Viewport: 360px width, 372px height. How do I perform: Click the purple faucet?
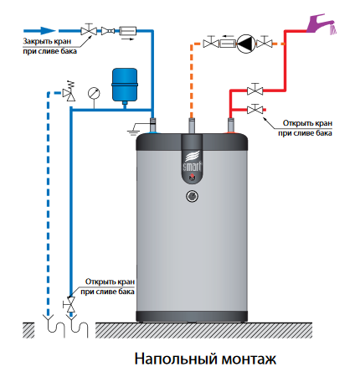click(321, 24)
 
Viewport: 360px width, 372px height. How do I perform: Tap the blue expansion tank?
click(125, 85)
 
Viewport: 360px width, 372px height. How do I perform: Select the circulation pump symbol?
click(246, 44)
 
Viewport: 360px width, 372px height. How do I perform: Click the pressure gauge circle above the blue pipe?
click(94, 93)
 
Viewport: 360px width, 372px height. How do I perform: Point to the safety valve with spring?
click(69, 91)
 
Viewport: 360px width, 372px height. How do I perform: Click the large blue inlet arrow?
click(39, 31)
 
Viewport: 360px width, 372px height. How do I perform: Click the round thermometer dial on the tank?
click(193, 196)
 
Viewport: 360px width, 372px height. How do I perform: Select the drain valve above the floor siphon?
click(71, 304)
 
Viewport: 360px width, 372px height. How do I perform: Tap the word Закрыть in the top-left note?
click(36, 41)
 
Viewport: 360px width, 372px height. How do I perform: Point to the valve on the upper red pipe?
click(255, 90)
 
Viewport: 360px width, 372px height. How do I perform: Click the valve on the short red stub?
click(255, 109)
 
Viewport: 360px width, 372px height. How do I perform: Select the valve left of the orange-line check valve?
click(211, 43)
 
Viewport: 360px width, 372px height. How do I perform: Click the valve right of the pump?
click(264, 43)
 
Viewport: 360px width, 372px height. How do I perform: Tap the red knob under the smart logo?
click(193, 176)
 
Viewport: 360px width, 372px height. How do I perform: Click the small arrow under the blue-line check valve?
click(127, 39)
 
